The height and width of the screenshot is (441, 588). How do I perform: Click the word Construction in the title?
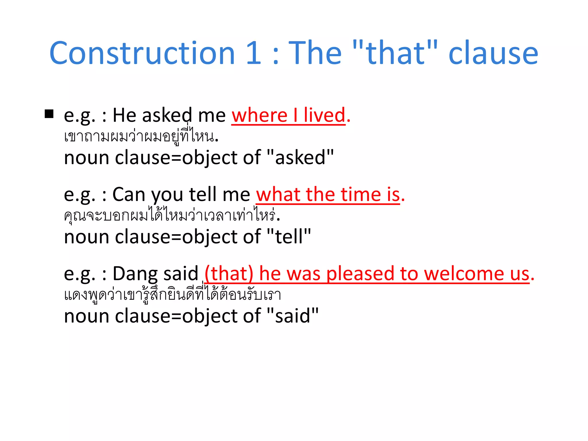pyautogui.click(x=142, y=53)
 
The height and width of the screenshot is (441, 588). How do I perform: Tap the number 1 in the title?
pyautogui.click(x=254, y=53)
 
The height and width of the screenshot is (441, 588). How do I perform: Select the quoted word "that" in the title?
pyautogui.click(x=395, y=53)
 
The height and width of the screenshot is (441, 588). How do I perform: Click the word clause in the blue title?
pyautogui.click(x=493, y=54)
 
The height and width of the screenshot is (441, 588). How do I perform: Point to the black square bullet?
pyautogui.click(x=49, y=114)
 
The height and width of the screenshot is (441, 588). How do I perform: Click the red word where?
pyautogui.click(x=260, y=115)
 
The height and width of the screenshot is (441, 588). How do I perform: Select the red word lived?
pyautogui.click(x=324, y=115)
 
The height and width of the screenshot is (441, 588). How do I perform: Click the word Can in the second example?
pyautogui.click(x=129, y=195)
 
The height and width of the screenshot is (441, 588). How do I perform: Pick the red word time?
pyautogui.click(x=361, y=195)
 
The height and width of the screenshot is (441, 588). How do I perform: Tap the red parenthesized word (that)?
pyautogui.click(x=229, y=274)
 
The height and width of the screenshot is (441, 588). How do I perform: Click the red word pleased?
pyautogui.click(x=360, y=274)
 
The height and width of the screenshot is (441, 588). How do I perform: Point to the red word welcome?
pyautogui.click(x=464, y=274)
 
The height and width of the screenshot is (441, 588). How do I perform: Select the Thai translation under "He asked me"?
pyautogui.click(x=141, y=137)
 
